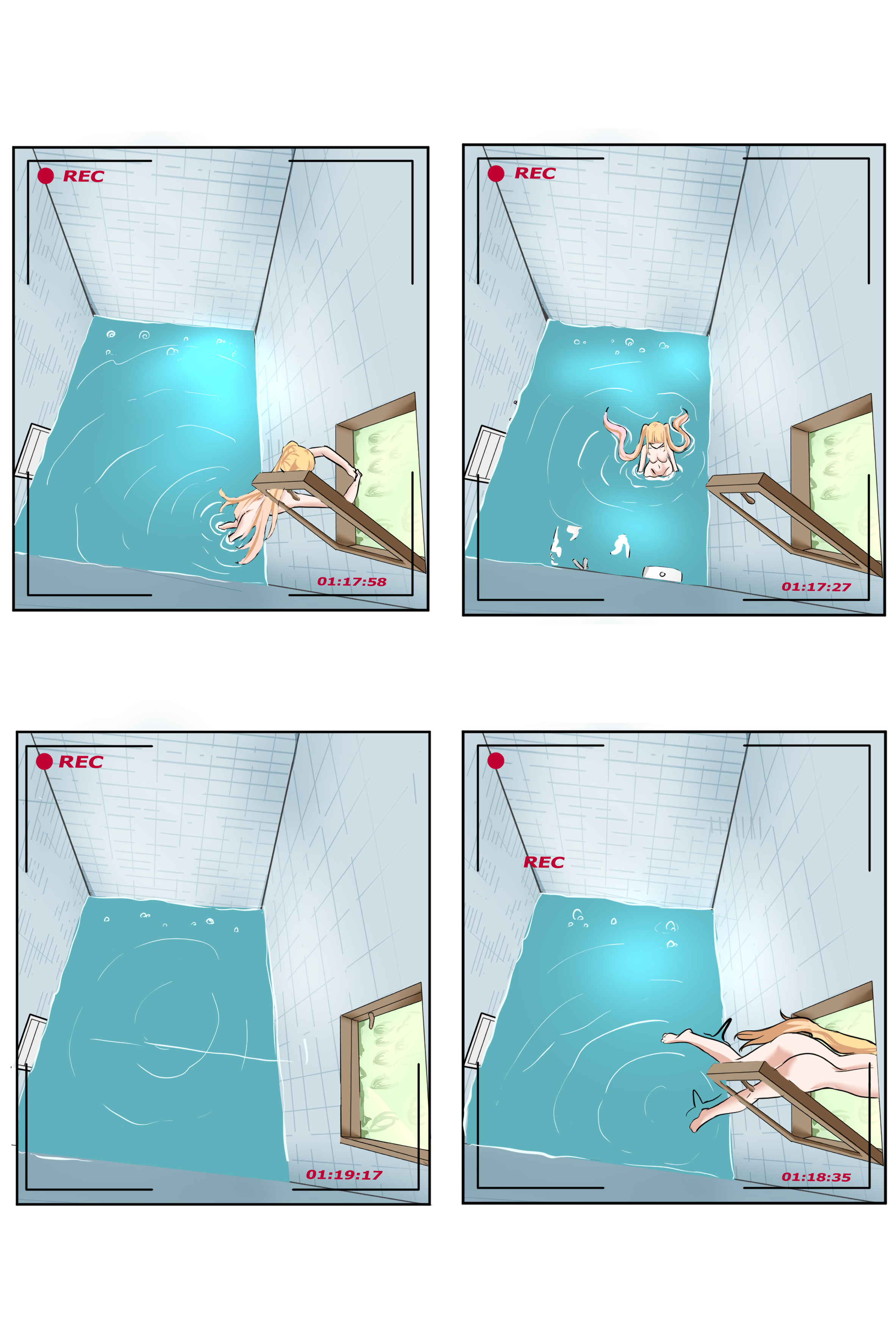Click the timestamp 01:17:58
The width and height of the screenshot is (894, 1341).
(x=352, y=581)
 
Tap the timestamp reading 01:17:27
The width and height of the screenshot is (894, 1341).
(x=816, y=587)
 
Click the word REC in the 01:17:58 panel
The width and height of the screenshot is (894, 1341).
(x=83, y=176)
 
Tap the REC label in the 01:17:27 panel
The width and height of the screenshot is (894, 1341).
(x=535, y=173)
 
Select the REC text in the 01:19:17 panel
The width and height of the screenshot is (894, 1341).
(x=81, y=762)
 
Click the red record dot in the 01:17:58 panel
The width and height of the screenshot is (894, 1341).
(x=45, y=176)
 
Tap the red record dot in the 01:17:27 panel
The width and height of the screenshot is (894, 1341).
(x=496, y=173)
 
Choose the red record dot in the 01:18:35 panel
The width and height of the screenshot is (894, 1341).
(x=495, y=761)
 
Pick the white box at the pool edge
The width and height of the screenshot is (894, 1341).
(x=662, y=574)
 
